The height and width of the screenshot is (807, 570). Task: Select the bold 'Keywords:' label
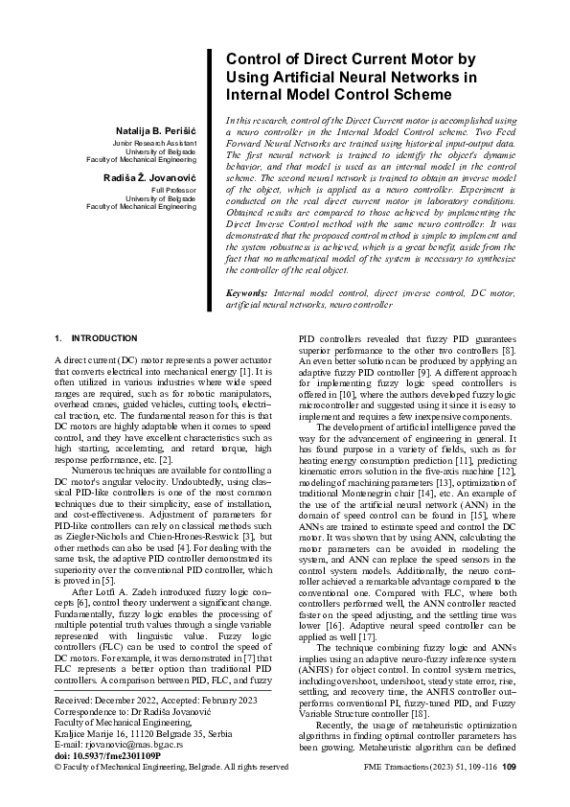245,290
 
